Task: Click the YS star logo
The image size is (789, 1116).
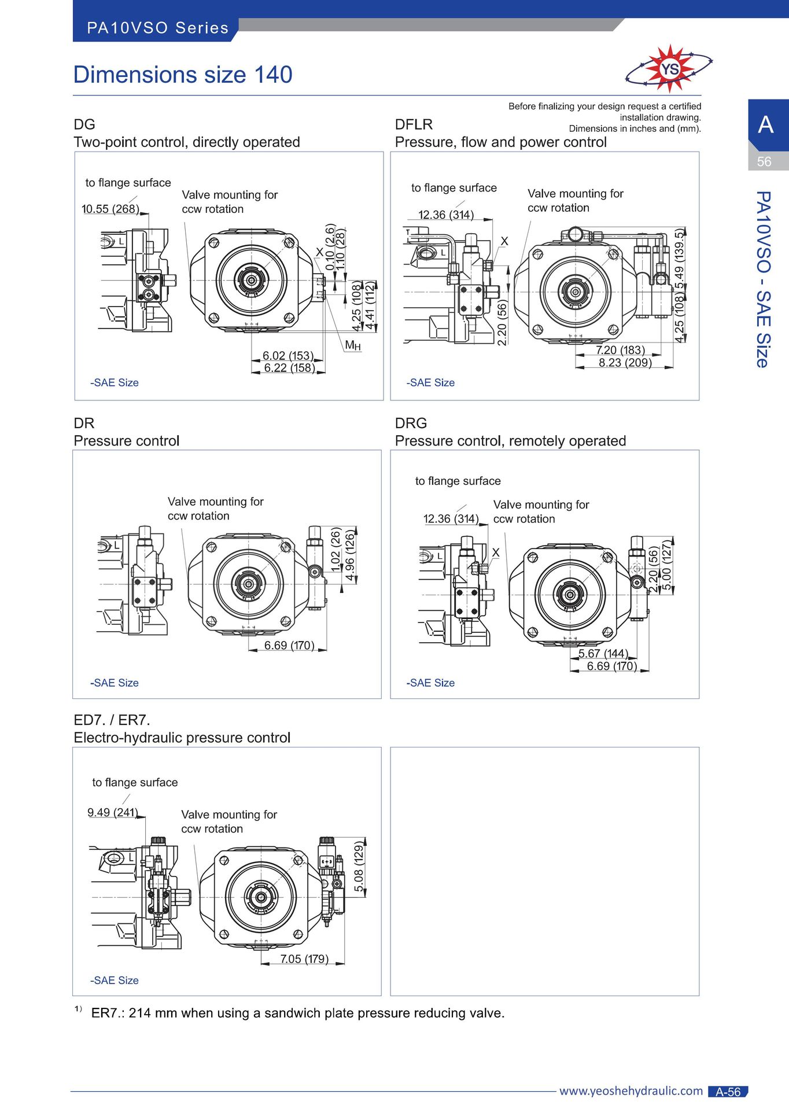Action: [x=669, y=69]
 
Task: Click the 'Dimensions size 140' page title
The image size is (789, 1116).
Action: [x=183, y=75]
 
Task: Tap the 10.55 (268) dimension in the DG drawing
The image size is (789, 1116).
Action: [x=110, y=209]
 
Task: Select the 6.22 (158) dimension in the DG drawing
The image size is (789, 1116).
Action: [x=289, y=368]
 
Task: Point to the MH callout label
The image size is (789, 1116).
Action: [x=353, y=345]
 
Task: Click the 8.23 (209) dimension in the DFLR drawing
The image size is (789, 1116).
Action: [x=625, y=363]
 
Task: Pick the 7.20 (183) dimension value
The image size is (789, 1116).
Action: [x=620, y=350]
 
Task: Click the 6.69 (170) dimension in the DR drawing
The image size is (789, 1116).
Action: [x=289, y=645]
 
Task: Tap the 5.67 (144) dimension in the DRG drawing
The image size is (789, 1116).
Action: [x=603, y=654]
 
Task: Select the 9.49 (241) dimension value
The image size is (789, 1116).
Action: [x=113, y=812]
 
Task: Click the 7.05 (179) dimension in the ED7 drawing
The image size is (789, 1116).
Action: [x=304, y=959]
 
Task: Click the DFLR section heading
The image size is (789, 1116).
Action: [x=414, y=124]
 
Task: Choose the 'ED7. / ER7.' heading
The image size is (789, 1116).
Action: [x=112, y=720]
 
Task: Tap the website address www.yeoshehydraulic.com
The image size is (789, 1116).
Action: [x=631, y=1091]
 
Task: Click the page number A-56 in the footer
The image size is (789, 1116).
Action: [x=728, y=1092]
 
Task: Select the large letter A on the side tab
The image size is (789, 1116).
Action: [x=766, y=124]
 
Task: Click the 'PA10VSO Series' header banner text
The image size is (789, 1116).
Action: [x=158, y=28]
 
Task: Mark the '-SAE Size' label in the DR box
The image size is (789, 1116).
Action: [x=115, y=683]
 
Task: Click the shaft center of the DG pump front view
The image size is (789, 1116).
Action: [x=252, y=281]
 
